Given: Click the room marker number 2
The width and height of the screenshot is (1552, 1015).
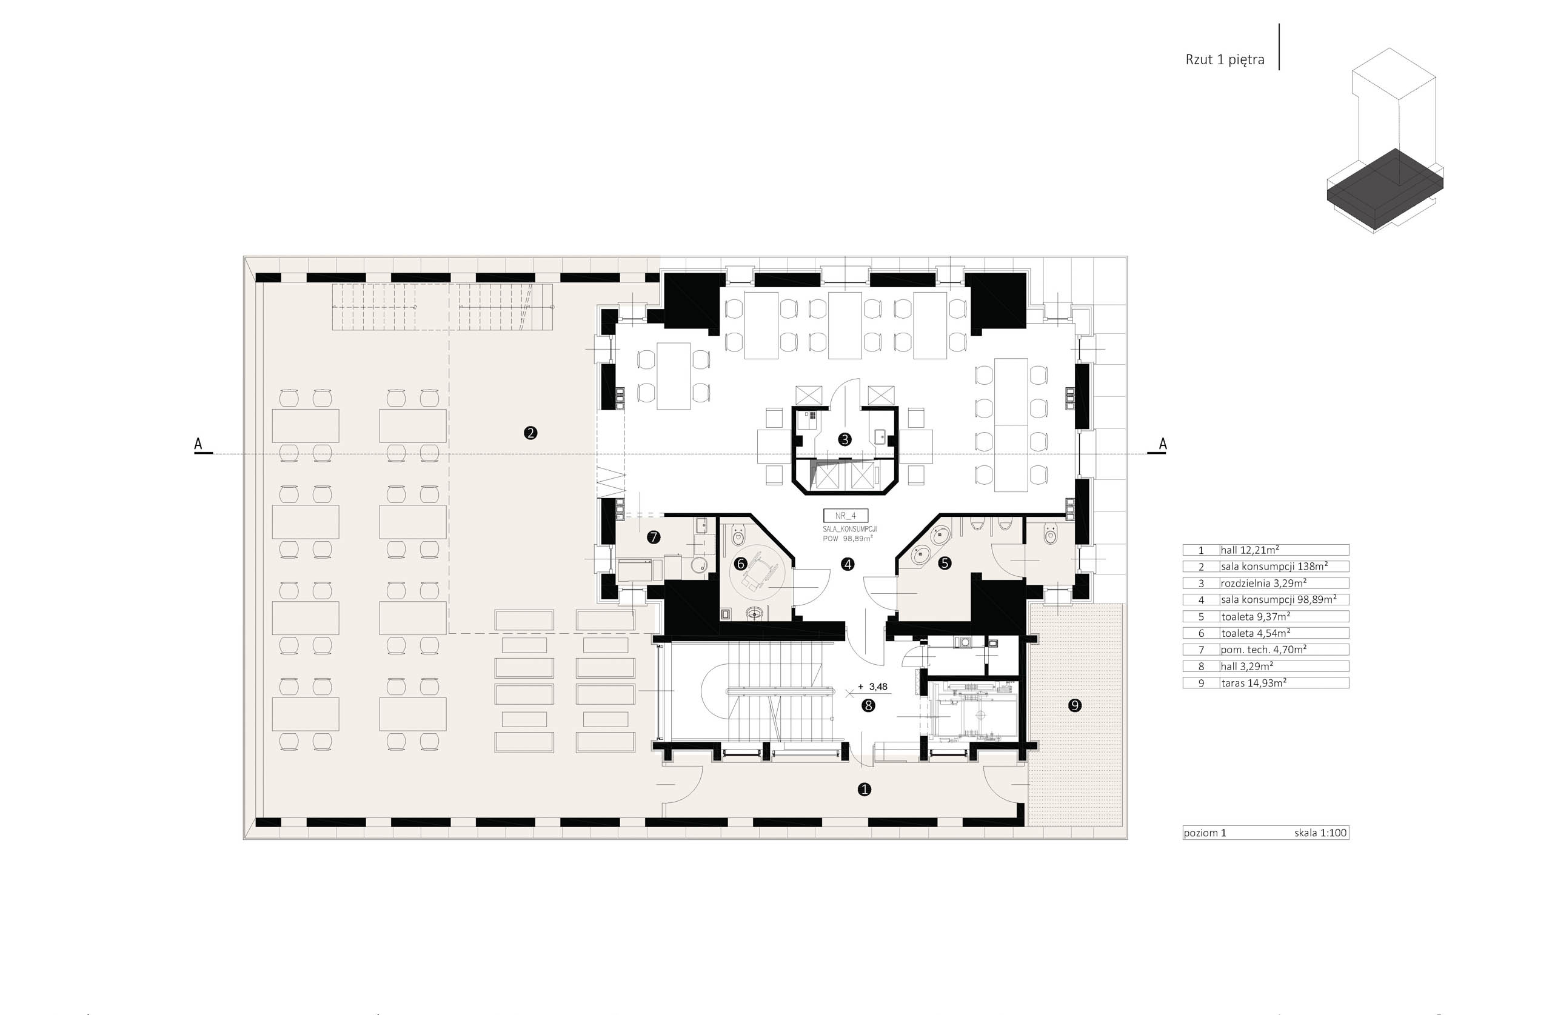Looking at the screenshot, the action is [530, 432].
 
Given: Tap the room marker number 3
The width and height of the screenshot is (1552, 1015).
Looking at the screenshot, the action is [845, 439].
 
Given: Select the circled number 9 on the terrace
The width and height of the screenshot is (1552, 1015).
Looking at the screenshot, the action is [1075, 705].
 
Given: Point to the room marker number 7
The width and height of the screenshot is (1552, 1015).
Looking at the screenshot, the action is [654, 537].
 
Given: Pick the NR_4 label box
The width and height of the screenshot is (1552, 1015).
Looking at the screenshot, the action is [845, 515].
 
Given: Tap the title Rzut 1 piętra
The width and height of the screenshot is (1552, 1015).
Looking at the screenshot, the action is [1225, 59].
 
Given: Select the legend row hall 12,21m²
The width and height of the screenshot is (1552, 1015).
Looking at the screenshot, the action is [1265, 550].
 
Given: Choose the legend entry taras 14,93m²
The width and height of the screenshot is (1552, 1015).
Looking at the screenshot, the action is [1265, 683].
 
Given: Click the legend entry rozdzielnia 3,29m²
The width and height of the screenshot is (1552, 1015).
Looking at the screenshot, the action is [1265, 584].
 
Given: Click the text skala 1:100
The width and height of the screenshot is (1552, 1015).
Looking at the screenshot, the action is [1320, 833].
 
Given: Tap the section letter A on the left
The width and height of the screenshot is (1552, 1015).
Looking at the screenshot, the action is [198, 444].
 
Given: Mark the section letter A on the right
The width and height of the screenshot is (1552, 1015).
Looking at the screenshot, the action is [1162, 444].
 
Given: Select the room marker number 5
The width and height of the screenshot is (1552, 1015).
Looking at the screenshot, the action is [945, 563].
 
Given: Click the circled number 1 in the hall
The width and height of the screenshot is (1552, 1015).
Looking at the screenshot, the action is [864, 790].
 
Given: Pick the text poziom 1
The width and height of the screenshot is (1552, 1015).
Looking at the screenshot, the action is [1205, 833].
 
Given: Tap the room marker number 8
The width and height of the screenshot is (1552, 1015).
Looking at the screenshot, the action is [868, 705].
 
